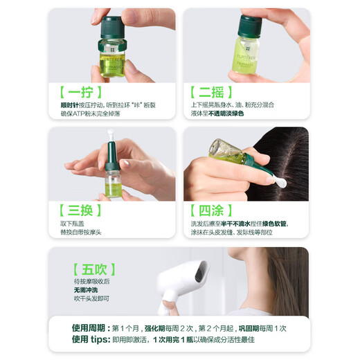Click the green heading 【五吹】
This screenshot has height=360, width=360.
[x=90, y=267]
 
